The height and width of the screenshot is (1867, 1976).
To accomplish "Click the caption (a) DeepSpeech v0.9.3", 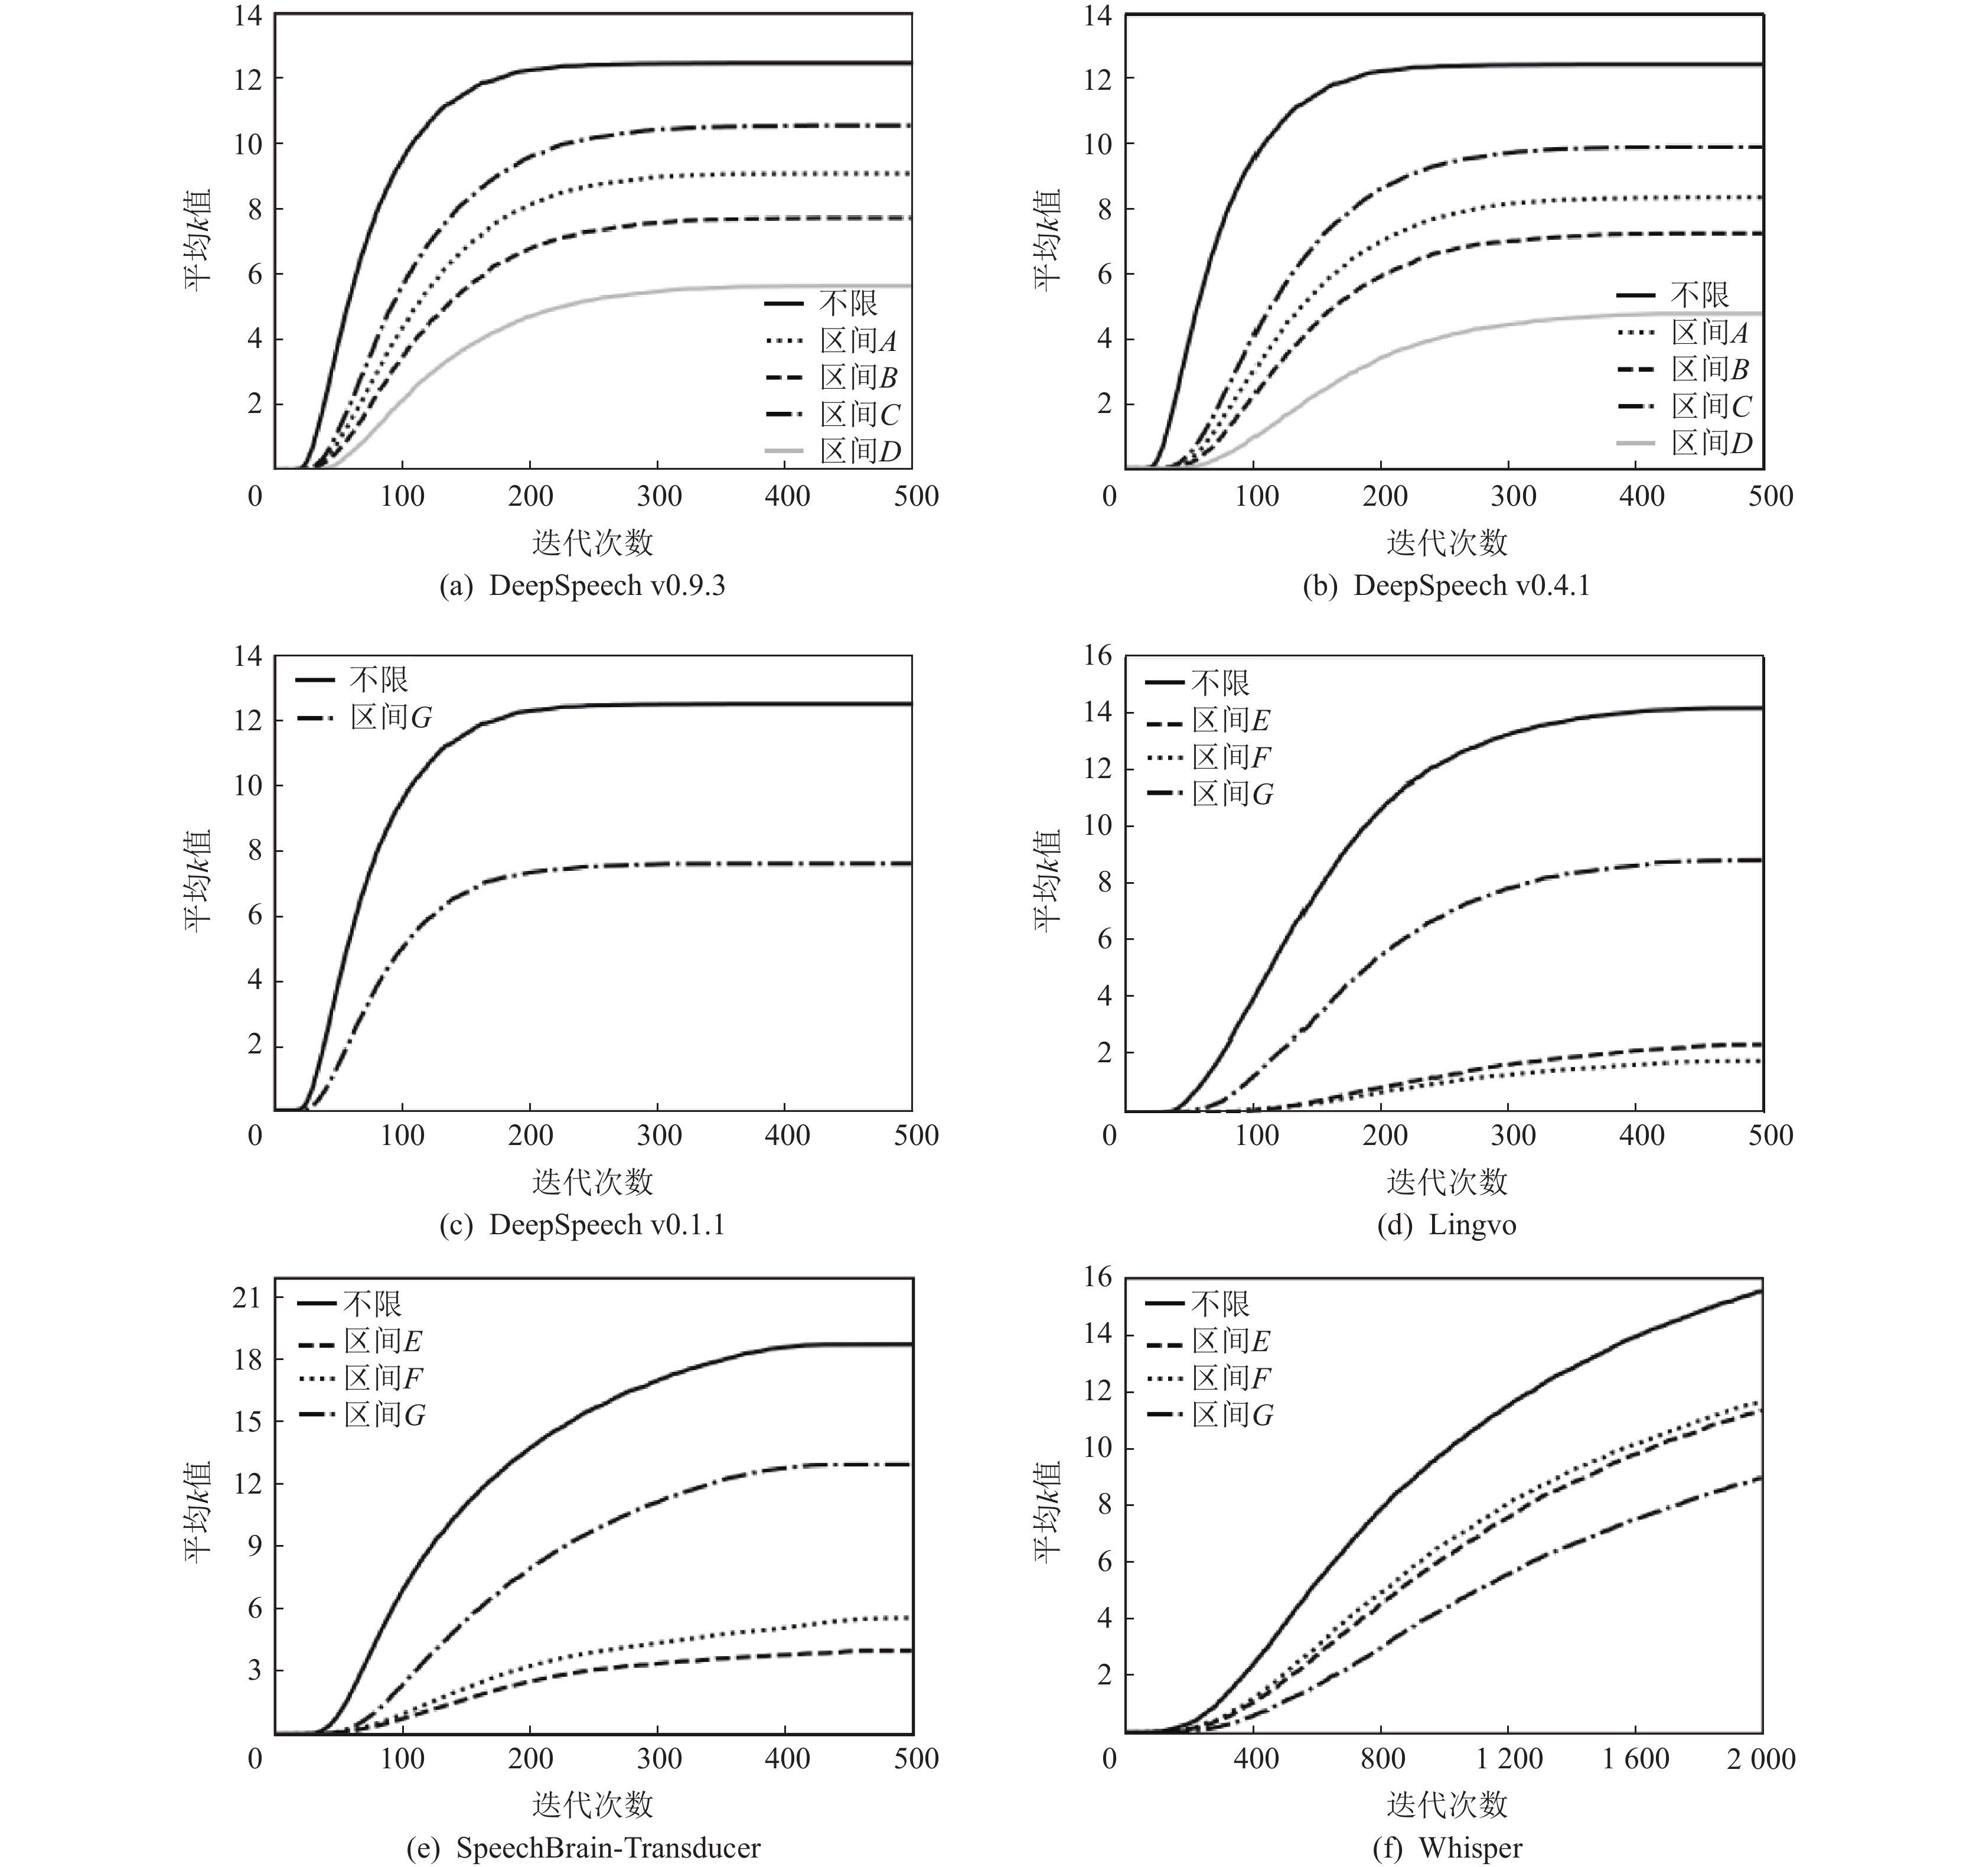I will [x=582, y=586].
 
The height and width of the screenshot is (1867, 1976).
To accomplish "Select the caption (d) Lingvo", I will [x=1447, y=1225].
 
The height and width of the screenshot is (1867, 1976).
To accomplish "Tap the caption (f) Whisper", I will [x=1447, y=1848].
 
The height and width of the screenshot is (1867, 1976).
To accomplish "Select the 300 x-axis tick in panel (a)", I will [x=658, y=497].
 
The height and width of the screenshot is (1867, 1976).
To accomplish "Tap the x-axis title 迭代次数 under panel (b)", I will [x=1447, y=542].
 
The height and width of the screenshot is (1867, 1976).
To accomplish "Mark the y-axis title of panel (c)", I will [x=197, y=881].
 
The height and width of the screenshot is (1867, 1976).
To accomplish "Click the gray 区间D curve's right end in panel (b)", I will [x=1759, y=314].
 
